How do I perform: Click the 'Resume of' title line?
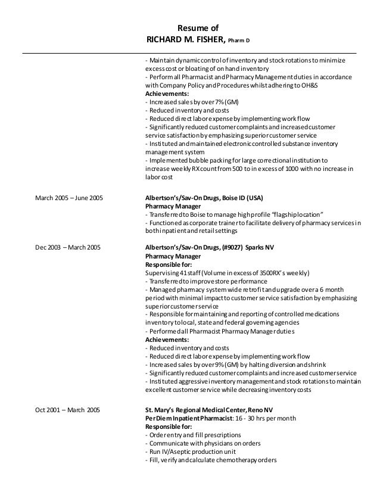pyautogui.click(x=199, y=27)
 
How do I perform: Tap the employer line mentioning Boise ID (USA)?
pyautogui.click(x=205, y=198)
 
